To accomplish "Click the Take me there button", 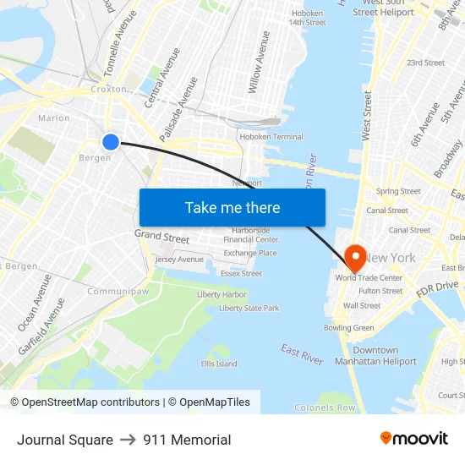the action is (x=232, y=207).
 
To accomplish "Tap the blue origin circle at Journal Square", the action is (x=111, y=141).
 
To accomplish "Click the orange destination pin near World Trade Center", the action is (x=355, y=255).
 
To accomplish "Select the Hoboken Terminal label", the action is (x=271, y=137).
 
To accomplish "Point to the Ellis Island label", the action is (x=218, y=364).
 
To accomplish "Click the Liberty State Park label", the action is (x=249, y=309).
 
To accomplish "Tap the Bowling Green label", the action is (x=348, y=328).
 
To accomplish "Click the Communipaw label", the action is (x=117, y=291).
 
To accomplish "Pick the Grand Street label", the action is (x=161, y=238).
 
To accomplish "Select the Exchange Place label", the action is (x=250, y=253).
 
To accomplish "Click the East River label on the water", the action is (x=302, y=354).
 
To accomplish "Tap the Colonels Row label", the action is (x=325, y=408).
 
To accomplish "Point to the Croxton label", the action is (x=109, y=88).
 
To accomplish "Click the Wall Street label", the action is (x=362, y=305).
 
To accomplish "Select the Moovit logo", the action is (x=413, y=439).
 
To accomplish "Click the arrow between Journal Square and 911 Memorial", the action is (x=128, y=440).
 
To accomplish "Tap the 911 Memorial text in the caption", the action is (x=187, y=440).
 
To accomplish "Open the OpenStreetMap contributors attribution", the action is (x=90, y=402).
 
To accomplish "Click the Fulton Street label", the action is (x=380, y=291).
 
